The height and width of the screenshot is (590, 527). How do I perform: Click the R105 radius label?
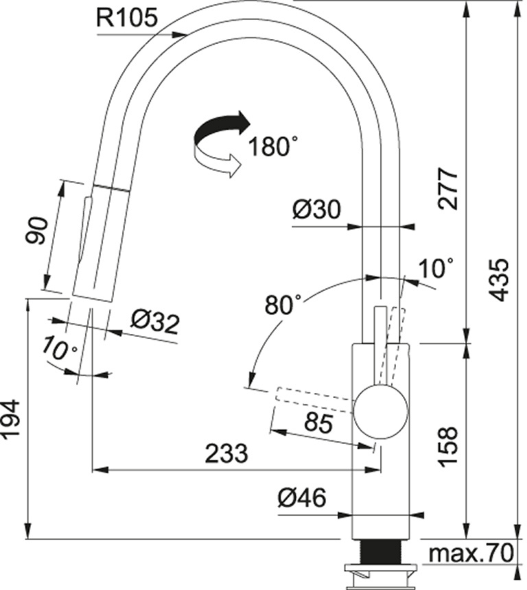[126, 17]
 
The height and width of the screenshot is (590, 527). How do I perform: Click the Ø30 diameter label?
[316, 209]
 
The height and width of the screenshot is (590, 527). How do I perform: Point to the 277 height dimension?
[448, 189]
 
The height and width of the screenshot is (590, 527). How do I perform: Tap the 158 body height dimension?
[448, 447]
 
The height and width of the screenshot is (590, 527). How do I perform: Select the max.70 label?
[471, 553]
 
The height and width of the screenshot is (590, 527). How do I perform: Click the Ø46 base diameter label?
[302, 498]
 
